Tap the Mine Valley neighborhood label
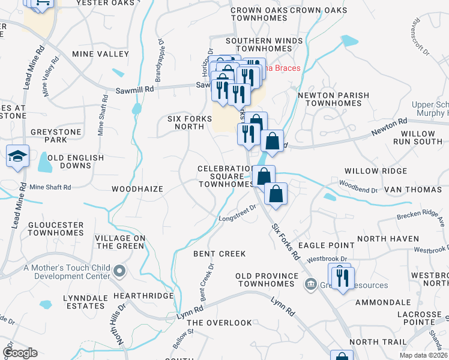click(100, 54)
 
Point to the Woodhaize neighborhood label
click(137, 188)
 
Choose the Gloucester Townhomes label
click(56, 229)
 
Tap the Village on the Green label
click(120, 242)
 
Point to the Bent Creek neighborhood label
click(220, 254)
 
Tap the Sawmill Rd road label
click(135, 89)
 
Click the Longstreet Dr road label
click(237, 212)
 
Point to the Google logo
click(20, 353)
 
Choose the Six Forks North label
click(190, 122)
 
